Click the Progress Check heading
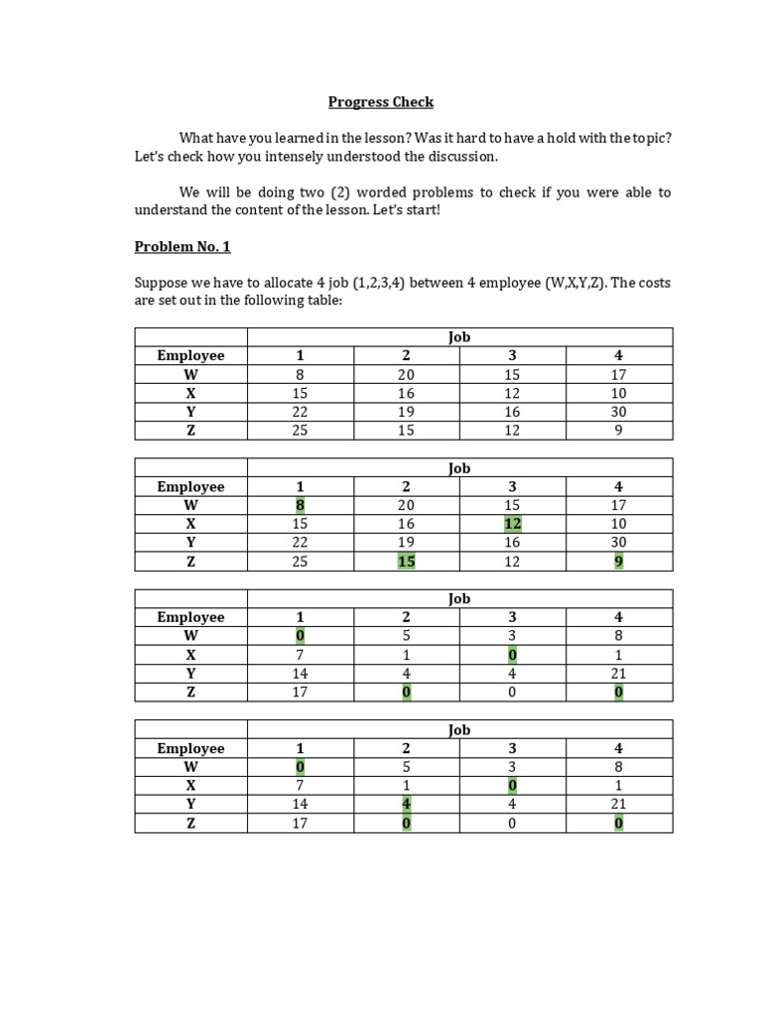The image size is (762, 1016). [x=381, y=102]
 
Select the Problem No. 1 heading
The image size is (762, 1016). [x=183, y=247]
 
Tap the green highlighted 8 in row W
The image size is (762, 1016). [x=301, y=505]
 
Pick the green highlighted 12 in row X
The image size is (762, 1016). [x=512, y=524]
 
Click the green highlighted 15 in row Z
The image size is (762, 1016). [x=406, y=562]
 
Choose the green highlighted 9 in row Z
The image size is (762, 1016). [x=618, y=562]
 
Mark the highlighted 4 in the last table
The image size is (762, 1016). [x=406, y=805]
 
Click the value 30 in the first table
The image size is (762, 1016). [x=618, y=412]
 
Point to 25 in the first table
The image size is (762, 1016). [x=301, y=431]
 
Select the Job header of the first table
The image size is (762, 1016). [x=458, y=337]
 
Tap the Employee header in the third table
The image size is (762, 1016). [x=190, y=617]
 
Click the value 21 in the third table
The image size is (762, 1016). [x=618, y=674]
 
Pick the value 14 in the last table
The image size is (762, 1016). [x=301, y=805]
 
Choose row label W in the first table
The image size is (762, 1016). [x=190, y=375]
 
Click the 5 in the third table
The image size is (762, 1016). [x=406, y=636]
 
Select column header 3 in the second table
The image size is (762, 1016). [x=512, y=486]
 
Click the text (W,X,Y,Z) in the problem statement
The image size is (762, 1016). [x=574, y=283]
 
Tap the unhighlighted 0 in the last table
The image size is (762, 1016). [x=512, y=824]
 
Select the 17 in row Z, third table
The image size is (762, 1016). [x=301, y=693]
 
